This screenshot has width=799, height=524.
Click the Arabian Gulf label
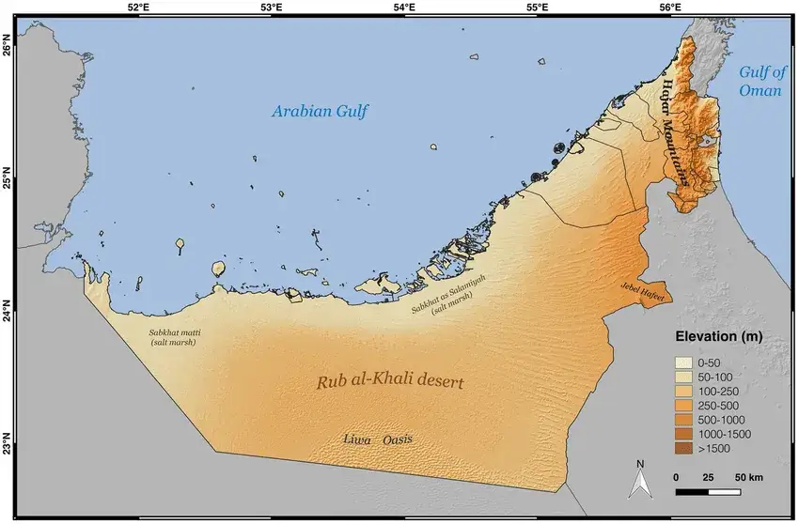click(321, 112)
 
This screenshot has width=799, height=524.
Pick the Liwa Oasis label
click(378, 439)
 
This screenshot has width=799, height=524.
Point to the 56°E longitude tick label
click(670, 8)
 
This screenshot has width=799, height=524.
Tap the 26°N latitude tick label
click(8, 46)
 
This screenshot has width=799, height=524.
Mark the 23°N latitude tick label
click(8, 442)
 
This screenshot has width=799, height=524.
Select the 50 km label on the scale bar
click(749, 478)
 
